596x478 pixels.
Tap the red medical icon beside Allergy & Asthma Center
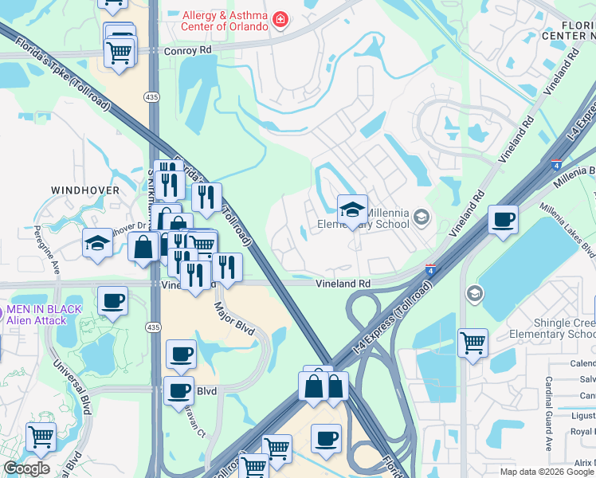click(280, 19)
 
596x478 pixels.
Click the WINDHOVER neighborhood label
click(85, 190)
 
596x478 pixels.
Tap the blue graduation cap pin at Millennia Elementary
click(352, 210)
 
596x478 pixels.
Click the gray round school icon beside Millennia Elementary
click(422, 216)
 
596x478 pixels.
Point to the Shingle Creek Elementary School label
click(552, 329)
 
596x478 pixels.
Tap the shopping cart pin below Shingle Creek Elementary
click(472, 343)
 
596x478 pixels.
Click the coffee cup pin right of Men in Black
click(112, 301)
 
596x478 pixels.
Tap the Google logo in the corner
click(26, 469)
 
